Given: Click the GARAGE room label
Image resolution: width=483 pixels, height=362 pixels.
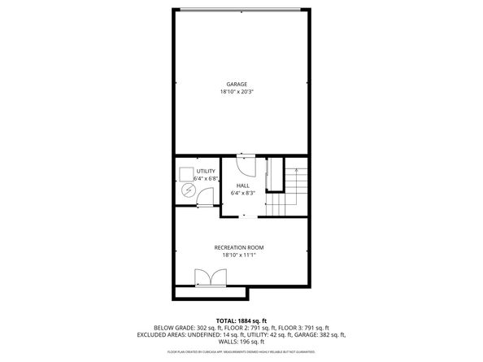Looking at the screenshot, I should pos(237,84).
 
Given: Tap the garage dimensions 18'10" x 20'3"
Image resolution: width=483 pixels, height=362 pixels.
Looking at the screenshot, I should pos(237,92).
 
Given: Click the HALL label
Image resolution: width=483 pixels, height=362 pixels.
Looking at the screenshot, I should pos(242,185).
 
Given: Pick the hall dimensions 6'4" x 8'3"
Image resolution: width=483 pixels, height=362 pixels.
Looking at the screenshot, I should pos(242,193).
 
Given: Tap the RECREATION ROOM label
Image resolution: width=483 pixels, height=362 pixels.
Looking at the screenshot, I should pos(239,247).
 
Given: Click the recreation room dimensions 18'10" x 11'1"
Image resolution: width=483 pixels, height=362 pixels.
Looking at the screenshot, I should pos(239,255).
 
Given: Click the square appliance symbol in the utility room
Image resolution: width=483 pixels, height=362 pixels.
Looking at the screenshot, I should pos(185,173).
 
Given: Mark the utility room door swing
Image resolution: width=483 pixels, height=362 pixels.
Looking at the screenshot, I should pos(205,197).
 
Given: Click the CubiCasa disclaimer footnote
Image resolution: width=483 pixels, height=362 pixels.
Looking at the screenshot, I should pos(241,351).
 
